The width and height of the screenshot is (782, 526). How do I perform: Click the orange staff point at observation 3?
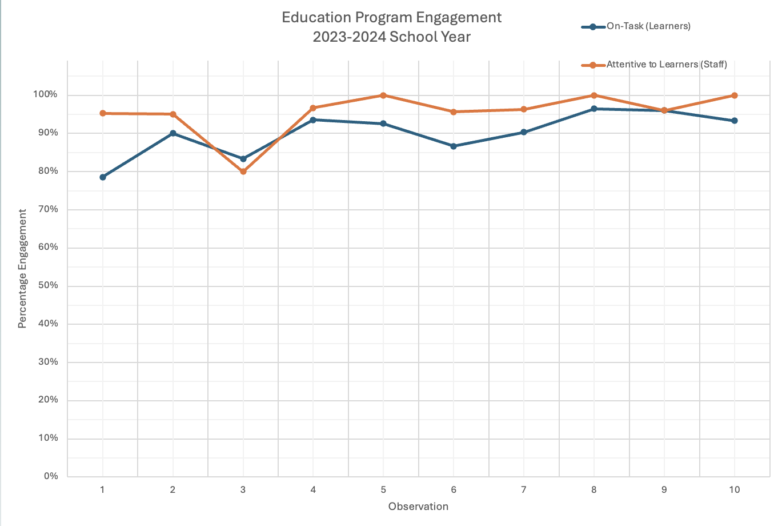pos(243,171)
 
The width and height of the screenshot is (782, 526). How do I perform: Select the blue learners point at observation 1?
pos(103,177)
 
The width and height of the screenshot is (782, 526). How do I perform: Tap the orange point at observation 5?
pos(383,95)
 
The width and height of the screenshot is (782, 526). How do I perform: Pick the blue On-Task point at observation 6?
pos(454,146)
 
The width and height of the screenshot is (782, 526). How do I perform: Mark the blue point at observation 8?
pos(594,109)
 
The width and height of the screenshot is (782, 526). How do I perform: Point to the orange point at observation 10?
pos(735,95)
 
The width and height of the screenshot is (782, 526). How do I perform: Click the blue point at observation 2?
pos(173,133)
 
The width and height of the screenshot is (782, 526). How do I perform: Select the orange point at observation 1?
pos(103,113)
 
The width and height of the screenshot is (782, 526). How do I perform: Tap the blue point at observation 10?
pos(735,121)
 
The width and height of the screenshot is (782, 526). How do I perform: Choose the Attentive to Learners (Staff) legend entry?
pos(666,65)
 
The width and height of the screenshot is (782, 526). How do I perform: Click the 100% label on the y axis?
pos(44,94)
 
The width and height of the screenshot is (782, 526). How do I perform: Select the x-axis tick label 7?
pos(524,489)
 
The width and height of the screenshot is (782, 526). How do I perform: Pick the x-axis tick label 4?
pos(313,489)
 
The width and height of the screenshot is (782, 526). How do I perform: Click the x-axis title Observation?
pos(418,507)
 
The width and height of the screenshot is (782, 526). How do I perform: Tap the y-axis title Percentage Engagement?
pos(22,269)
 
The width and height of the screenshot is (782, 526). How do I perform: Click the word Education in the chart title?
pos(315,18)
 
